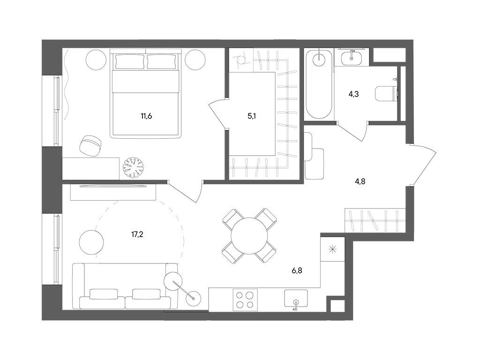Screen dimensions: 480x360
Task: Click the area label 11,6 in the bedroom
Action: pos(146,116)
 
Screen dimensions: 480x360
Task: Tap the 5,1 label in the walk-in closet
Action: pos(252,116)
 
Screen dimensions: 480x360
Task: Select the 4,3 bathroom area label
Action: pos(353,94)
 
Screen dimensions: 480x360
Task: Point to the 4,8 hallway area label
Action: pos(360,181)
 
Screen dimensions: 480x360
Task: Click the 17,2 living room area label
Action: pos(137,234)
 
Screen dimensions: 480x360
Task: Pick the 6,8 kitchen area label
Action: pos(297,270)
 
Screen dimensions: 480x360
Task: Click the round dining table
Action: pos(249,236)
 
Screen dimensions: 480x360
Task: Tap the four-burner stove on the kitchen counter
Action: pos(245,300)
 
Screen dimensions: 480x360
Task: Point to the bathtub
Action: pos(319,84)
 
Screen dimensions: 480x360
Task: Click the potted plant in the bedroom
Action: pos(133,167)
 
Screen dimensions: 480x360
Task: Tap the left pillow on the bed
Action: pos(130,61)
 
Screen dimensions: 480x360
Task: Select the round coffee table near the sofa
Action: pos(91,242)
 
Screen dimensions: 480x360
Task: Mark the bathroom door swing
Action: pos(352,131)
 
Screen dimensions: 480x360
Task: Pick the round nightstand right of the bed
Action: pos(195,60)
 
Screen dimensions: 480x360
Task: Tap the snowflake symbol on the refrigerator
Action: pos(332,249)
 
